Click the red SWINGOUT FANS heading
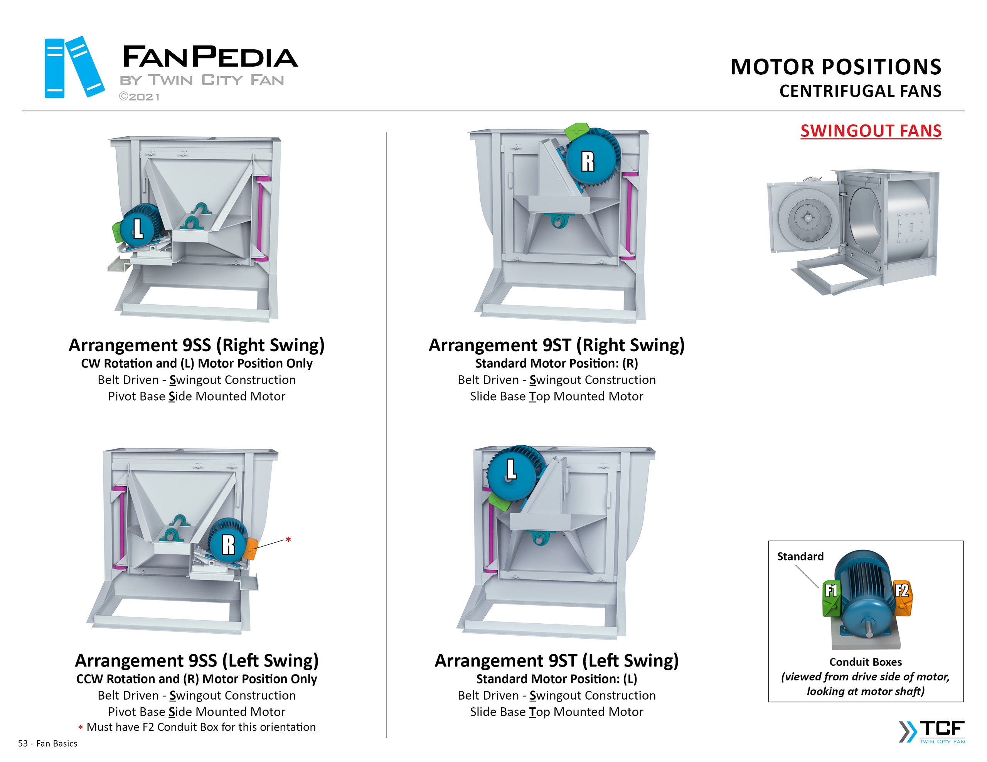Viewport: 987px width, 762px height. (871, 131)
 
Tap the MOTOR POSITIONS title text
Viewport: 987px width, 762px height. (835, 67)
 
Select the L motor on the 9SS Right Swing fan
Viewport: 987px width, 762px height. (138, 228)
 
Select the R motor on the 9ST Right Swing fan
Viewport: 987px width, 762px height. (588, 160)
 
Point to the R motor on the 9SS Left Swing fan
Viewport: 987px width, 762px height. (228, 544)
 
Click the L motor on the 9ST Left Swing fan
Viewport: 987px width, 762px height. (511, 470)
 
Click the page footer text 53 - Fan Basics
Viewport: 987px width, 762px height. (47, 744)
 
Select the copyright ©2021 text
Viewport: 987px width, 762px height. (139, 97)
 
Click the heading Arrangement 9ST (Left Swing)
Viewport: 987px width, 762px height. (556, 661)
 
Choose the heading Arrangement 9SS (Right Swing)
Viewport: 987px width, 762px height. (197, 345)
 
